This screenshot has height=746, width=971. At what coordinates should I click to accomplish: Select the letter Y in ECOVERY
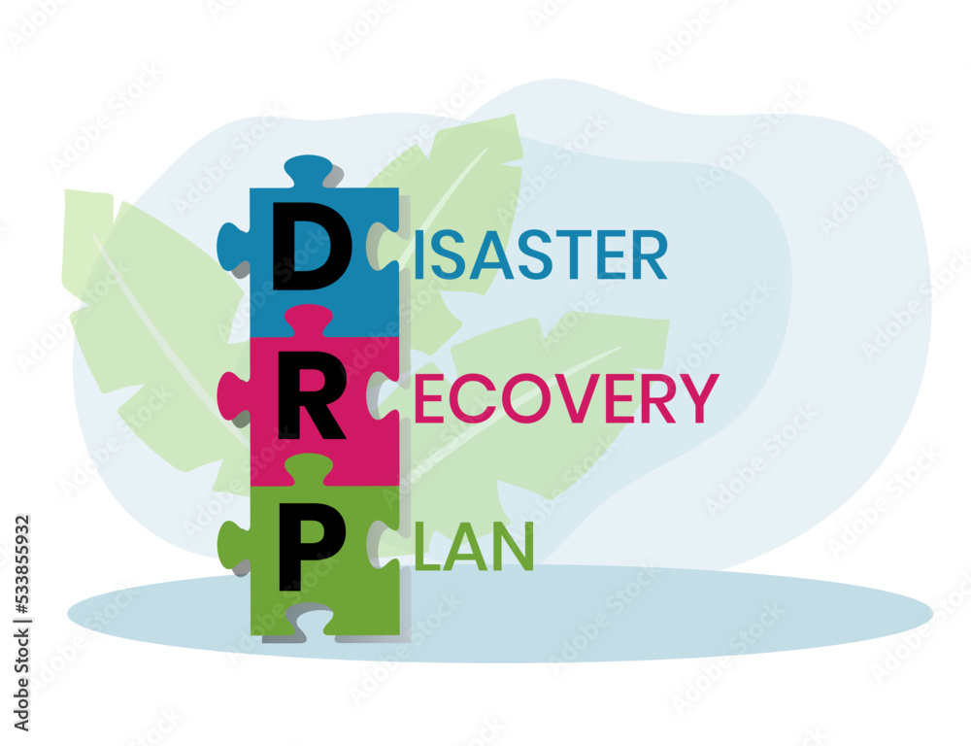[x=698, y=398]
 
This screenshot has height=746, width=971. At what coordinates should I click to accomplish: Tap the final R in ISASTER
[x=651, y=255]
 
